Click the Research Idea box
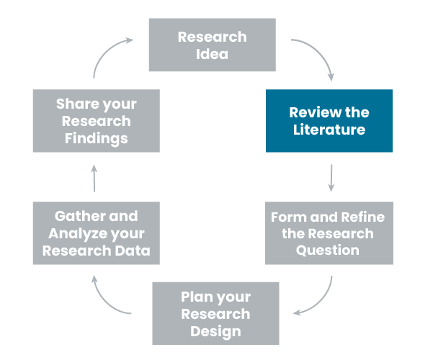212,45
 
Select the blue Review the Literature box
329,121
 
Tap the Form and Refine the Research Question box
329,233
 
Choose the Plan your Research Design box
215,313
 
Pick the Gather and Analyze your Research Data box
96,233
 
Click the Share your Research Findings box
96,121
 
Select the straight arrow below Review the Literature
331,178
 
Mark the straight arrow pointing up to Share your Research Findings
94,178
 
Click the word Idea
212,54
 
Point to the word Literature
329,130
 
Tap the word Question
329,251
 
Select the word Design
215,331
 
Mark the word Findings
96,138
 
